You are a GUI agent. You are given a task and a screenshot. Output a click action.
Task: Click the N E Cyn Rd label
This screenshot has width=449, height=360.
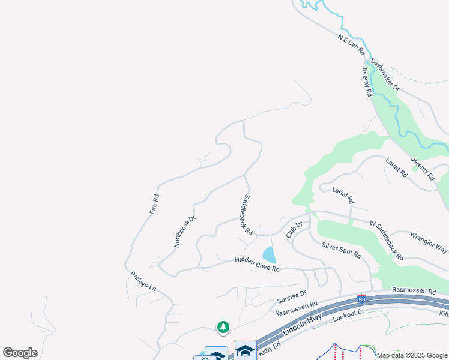[351, 45]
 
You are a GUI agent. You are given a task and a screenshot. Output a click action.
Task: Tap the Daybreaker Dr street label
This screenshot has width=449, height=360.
[385, 74]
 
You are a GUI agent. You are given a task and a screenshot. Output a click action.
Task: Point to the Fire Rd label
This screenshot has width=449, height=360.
[155, 205]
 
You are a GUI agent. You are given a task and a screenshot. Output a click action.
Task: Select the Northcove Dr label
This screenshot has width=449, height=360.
[185, 232]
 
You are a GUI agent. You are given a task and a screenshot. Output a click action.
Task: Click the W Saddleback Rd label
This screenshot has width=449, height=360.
[387, 240]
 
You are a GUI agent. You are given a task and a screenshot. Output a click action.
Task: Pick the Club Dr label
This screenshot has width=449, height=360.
[294, 229]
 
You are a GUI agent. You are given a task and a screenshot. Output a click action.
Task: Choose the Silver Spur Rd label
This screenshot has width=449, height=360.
[341, 250]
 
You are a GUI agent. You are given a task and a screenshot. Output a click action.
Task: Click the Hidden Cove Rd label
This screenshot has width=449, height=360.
[257, 265]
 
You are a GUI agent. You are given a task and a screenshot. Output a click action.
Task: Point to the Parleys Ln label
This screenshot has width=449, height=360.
[143, 281]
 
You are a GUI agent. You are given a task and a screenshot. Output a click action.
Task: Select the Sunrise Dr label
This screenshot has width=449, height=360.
[292, 296]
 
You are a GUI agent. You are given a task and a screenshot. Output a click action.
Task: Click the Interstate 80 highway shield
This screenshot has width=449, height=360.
[361, 298]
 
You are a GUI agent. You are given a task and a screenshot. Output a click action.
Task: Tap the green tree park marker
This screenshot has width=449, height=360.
[223, 326]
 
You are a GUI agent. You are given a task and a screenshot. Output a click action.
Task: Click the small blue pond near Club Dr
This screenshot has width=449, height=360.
[270, 255]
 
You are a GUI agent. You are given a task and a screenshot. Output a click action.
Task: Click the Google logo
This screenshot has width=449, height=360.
[20, 353]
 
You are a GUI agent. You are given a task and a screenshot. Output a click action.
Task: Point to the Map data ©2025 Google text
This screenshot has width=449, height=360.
[412, 355]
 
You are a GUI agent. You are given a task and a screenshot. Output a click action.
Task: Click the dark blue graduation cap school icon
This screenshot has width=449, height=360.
[245, 350]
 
